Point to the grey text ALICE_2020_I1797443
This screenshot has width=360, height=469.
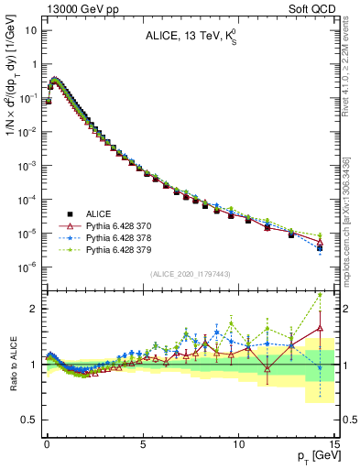pos(190,275)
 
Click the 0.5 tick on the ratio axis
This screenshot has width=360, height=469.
pos(29,420)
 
